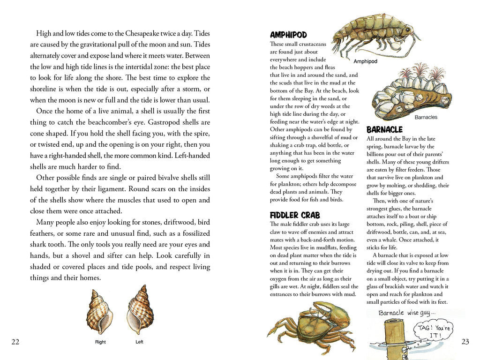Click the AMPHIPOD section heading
click(288, 35)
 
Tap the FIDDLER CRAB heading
click(294, 215)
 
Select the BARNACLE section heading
click(384, 129)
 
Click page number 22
click(15, 342)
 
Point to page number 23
click(465, 342)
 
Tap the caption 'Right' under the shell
click(100, 342)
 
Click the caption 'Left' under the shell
click(139, 342)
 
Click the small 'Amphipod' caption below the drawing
click(365, 61)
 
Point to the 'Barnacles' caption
click(426, 117)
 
